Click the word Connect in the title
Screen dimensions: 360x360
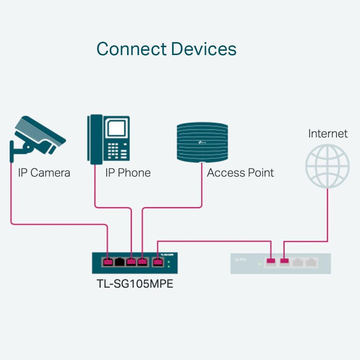[131, 49]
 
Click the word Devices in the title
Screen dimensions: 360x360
[203, 49]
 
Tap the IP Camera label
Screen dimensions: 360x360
[44, 173]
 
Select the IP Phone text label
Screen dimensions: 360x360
[127, 173]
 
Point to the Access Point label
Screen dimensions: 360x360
[240, 173]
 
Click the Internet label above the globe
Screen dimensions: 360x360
[327, 133]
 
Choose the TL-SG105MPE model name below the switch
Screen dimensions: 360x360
[135, 285]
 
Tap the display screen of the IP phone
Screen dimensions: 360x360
[117, 128]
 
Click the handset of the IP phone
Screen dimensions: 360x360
[95, 139]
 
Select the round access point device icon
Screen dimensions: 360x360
[202, 142]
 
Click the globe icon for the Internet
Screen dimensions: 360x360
[327, 165]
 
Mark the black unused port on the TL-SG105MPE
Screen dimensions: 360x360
[119, 261]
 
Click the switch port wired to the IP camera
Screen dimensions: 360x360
[107, 261]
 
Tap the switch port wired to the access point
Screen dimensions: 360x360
[143, 261]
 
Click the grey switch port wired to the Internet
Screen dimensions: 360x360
[284, 261]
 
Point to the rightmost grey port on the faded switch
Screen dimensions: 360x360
[312, 261]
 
